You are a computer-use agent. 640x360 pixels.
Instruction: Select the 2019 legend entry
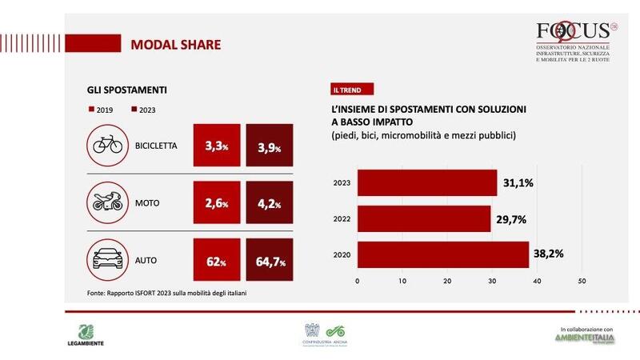coord(100,110)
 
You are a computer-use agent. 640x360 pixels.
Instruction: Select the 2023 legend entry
coord(144,110)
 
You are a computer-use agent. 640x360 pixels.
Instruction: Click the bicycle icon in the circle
coord(108,146)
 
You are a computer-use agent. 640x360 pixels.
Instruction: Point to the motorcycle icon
coord(108,202)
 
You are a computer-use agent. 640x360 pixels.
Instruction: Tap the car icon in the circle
coord(108,259)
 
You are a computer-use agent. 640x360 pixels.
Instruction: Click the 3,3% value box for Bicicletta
coord(216,146)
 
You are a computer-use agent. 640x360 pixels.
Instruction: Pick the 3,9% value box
coord(270,146)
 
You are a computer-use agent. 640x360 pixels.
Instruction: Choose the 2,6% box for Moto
coord(216,203)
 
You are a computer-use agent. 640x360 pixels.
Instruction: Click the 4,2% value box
coord(270,203)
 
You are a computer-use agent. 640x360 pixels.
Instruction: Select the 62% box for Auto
coord(216,260)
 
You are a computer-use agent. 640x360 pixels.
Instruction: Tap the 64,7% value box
coord(270,260)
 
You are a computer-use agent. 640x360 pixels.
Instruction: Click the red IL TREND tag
coord(352,90)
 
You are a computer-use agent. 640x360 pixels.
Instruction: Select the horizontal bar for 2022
coord(423,218)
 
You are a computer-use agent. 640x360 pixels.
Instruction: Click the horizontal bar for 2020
coord(442,254)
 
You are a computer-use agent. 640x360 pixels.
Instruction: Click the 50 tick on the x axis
coord(582,281)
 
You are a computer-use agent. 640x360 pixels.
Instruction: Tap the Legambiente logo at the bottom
coord(88,334)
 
